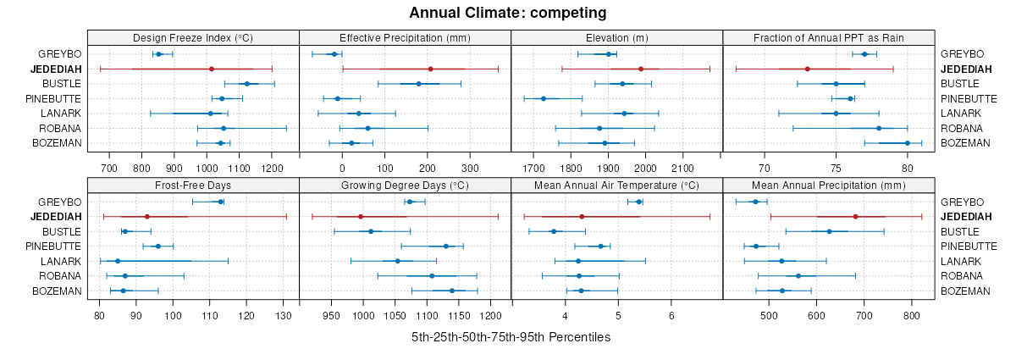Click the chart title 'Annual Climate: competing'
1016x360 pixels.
[508, 13]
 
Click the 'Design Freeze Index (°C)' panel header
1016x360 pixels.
[193, 37]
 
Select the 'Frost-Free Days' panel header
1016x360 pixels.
[193, 185]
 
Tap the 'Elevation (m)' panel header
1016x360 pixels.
[616, 37]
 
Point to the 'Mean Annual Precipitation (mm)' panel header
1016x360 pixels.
[828, 185]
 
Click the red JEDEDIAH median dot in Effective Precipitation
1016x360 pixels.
[430, 69]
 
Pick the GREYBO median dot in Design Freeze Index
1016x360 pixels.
[158, 54]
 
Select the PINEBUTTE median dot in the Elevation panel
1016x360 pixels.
[544, 98]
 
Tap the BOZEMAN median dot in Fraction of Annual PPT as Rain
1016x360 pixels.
[907, 143]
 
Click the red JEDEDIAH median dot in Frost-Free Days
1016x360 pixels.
[147, 217]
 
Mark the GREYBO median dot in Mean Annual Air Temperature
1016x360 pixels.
[638, 202]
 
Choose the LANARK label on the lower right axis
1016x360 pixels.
[959, 261]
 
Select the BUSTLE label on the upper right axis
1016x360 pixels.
[959, 84]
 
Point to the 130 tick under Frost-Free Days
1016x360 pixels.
[284, 316]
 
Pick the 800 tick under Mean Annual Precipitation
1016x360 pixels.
[912, 316]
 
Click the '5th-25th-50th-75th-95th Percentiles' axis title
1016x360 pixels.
[511, 336]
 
